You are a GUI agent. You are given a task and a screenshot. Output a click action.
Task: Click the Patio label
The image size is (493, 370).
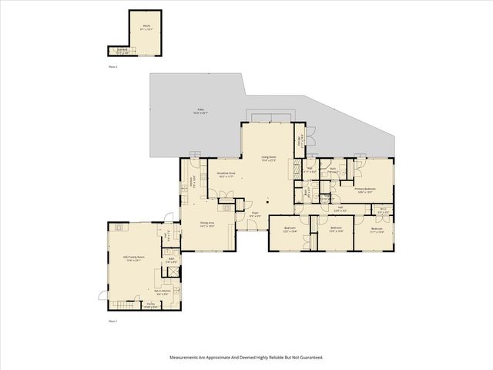pyautogui.click(x=201, y=112)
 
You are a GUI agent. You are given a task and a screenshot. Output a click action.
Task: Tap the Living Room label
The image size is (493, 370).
pyautogui.click(x=268, y=160)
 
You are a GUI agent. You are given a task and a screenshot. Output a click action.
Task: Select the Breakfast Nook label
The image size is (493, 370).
pyautogui.click(x=226, y=174)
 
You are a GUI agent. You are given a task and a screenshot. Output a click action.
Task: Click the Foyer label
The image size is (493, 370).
pyautogui.click(x=254, y=215)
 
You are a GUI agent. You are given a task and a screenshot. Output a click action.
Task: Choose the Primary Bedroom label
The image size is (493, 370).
pyautogui.click(x=364, y=189)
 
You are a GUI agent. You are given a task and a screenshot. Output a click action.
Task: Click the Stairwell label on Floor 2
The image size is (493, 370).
pyautogui.click(x=122, y=51)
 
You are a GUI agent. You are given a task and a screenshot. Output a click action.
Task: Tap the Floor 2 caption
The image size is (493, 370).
pyautogui.click(x=112, y=67)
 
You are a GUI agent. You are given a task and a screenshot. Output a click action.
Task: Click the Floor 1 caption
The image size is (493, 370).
pyautogui.click(x=112, y=320)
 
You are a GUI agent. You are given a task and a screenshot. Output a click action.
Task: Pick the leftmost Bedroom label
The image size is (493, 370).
pyautogui.click(x=290, y=229)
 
